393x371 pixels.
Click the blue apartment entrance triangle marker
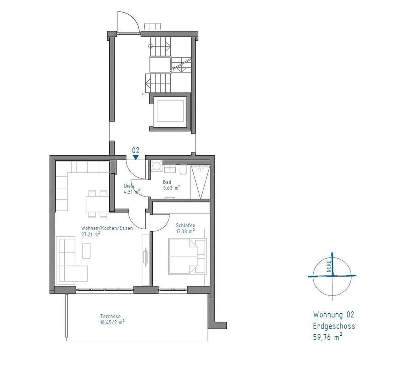[x=136, y=157]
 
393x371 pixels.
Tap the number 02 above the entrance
[x=136, y=150]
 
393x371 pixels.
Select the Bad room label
[x=167, y=182]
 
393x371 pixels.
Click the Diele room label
[x=129, y=186]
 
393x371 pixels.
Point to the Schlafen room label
[x=185, y=226]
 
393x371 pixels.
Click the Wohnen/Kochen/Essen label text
[x=107, y=228]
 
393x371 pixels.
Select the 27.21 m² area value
[x=91, y=235]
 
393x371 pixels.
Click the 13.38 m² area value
[x=185, y=231]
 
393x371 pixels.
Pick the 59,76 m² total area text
[x=328, y=337]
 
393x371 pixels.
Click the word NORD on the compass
[x=329, y=266]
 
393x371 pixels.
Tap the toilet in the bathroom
[x=183, y=169]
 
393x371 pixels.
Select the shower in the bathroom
[x=200, y=182]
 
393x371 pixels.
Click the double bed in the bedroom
[x=187, y=257]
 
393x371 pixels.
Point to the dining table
[x=97, y=204]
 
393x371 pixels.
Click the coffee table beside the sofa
[x=86, y=250]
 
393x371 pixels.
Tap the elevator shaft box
[x=170, y=111]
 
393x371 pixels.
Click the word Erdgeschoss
[x=334, y=326]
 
